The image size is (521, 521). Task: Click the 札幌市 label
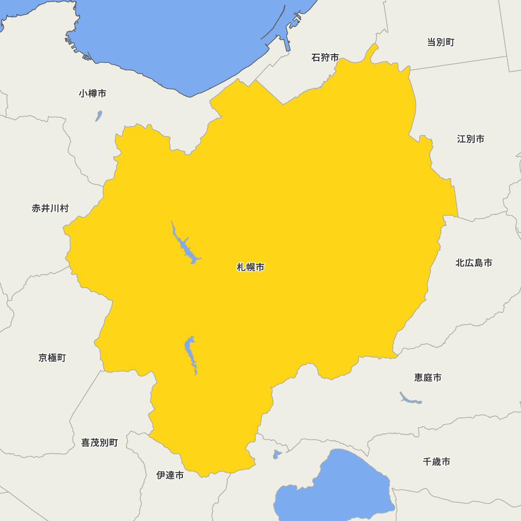251,267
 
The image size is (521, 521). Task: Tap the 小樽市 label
93,93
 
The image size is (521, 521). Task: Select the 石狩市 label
325,57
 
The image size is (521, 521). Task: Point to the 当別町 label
441,42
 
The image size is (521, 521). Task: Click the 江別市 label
470,139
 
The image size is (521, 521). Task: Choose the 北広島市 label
474,263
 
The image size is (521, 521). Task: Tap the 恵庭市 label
428,377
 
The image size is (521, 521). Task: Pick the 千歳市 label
437,461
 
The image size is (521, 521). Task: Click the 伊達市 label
170,475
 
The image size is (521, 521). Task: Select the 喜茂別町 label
100,442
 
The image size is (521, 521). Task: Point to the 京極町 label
52,357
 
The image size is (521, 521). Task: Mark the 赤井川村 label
50,208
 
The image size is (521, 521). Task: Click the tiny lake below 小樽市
98,116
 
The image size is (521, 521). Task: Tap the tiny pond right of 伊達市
277,454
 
